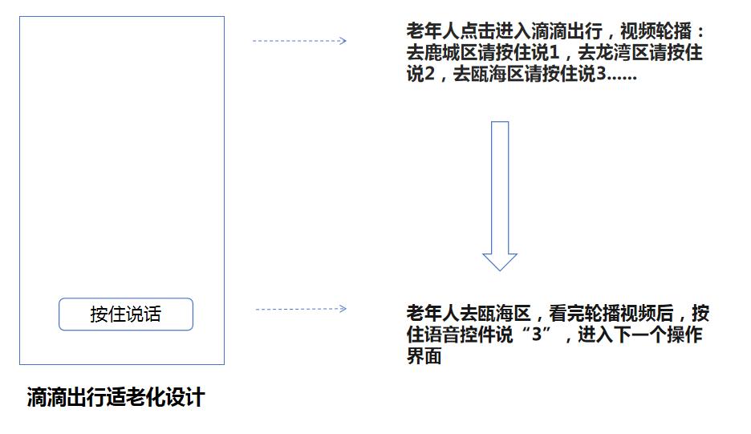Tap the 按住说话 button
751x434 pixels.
point(126,314)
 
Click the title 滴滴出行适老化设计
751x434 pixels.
point(116,397)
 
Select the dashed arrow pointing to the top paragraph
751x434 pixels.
point(299,41)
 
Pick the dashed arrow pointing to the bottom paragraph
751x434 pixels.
point(301,309)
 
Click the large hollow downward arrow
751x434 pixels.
point(500,196)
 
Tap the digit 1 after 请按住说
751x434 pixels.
point(554,53)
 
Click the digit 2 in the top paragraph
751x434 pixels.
point(429,74)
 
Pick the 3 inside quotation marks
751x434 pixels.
point(537,335)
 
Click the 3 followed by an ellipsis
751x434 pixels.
point(601,74)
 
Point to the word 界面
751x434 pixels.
point(424,356)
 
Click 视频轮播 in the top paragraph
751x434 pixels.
point(656,31)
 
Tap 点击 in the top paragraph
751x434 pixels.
point(477,31)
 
